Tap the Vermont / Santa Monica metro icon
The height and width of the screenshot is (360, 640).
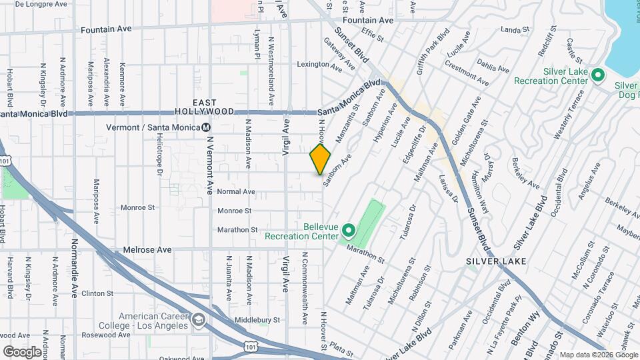pyautogui.click(x=207, y=127)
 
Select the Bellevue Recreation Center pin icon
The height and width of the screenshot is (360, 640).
pyautogui.click(x=348, y=231)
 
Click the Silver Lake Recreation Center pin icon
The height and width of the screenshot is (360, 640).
pyautogui.click(x=598, y=77)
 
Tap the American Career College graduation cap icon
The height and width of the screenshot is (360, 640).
pyautogui.click(x=198, y=321)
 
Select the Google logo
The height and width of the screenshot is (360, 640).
pyautogui.click(x=22, y=351)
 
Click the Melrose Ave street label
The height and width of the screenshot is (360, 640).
pyautogui.click(x=147, y=249)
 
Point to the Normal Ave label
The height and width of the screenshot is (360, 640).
pyautogui.click(x=236, y=191)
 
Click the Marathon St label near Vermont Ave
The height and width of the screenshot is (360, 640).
pyautogui.click(x=237, y=230)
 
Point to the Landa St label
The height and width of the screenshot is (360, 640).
pyautogui.click(x=514, y=30)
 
